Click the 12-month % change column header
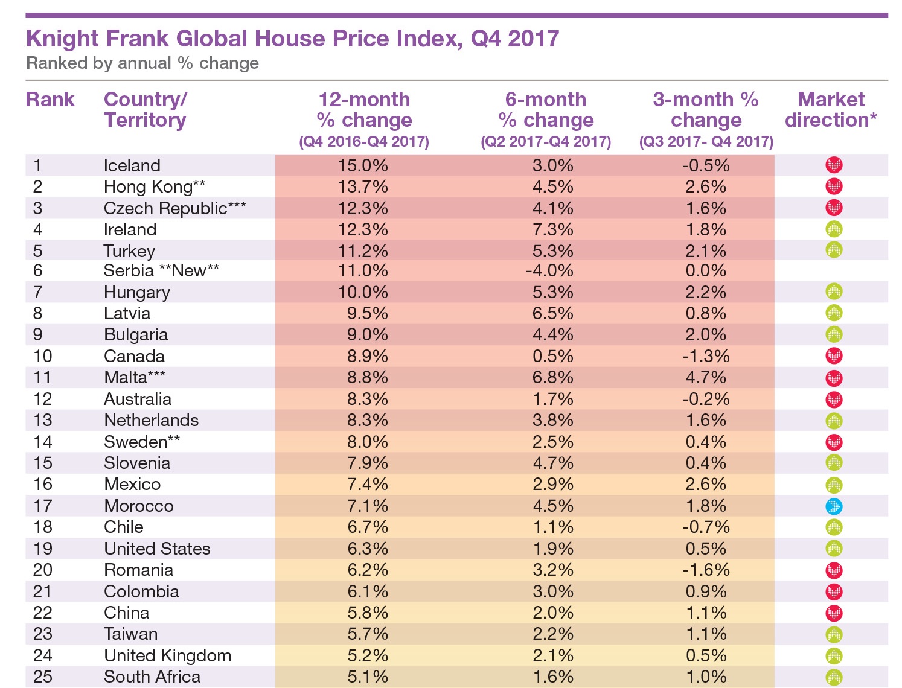point(364,110)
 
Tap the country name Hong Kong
point(147,187)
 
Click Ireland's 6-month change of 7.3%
point(552,229)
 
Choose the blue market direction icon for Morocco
point(834,506)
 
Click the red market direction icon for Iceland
point(834,165)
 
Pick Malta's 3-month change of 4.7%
point(706,377)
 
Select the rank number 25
point(43,677)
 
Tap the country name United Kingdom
point(167,655)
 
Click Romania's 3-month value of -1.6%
point(706,570)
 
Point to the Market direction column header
point(831,110)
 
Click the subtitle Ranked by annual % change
point(142,63)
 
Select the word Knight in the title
point(62,39)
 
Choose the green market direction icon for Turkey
point(834,249)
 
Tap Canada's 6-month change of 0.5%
point(552,356)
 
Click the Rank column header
point(50,100)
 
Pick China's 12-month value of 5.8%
point(367,613)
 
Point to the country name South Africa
point(152,677)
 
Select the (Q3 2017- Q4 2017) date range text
point(706,142)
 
